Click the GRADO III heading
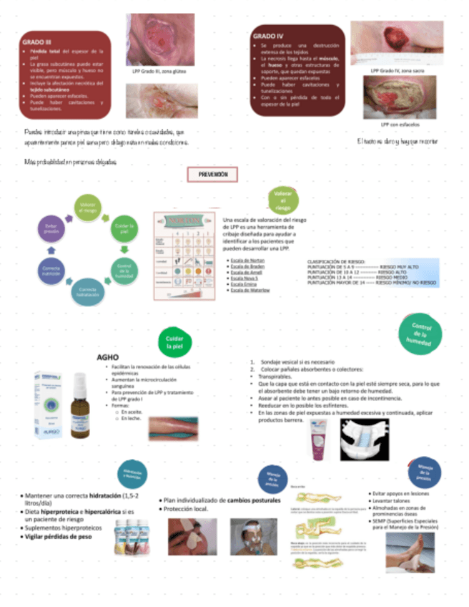click(x=37, y=42)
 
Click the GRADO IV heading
click(x=269, y=35)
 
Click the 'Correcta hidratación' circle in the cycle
click(x=84, y=291)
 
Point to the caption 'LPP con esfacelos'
click(x=400, y=124)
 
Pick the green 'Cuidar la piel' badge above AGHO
click(x=175, y=341)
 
